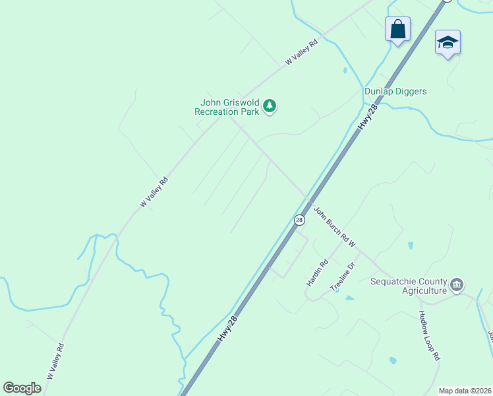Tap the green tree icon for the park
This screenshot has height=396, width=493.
click(269, 106)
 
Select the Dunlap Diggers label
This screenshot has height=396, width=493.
click(395, 92)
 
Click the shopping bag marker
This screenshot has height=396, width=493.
click(397, 30)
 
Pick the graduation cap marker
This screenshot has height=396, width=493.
click(448, 43)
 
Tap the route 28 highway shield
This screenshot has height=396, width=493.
click(299, 220)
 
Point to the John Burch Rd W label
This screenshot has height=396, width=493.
click(334, 228)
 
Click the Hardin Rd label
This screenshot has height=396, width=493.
click(317, 273)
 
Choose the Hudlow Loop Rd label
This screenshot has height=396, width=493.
click(429, 336)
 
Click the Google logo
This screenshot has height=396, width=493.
click(22, 388)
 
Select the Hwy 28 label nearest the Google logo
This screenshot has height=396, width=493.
click(226, 327)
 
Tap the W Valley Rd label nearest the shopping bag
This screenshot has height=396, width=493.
click(302, 51)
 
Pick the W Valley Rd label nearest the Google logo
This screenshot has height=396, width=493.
click(55, 361)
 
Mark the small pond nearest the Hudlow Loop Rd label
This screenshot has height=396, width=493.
click(393, 360)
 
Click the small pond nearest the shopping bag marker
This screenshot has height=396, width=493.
click(345, 69)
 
